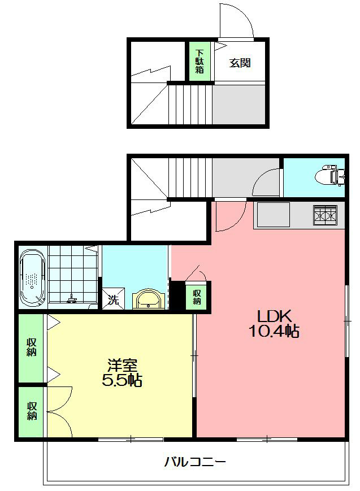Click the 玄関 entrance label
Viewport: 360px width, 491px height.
point(240,63)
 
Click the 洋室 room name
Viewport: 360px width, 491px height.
point(122,365)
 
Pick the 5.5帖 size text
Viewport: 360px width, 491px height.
point(122,381)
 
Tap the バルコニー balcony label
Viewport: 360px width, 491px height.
point(195,462)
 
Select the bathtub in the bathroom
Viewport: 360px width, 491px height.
point(33,277)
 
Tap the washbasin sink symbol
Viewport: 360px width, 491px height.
point(150,299)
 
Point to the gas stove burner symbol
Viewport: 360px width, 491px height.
point(327,215)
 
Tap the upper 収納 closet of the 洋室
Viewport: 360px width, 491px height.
point(31,347)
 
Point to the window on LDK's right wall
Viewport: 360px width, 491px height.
point(346,320)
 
